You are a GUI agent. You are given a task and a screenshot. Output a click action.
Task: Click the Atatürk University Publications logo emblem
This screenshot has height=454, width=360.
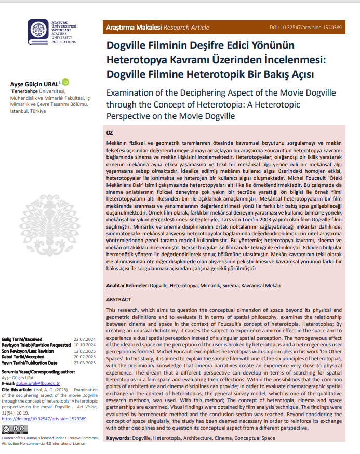click(38, 32)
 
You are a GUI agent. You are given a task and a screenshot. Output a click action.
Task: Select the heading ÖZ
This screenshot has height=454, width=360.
click(110, 133)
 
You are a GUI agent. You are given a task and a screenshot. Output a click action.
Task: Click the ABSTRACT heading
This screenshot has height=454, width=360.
click(119, 300)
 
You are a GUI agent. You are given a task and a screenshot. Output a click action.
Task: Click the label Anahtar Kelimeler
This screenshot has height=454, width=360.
click(127, 286)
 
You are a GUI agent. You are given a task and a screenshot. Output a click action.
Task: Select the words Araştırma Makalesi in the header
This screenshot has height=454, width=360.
click(134, 26)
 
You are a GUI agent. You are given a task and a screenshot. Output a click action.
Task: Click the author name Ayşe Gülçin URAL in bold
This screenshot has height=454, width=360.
click(35, 84)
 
